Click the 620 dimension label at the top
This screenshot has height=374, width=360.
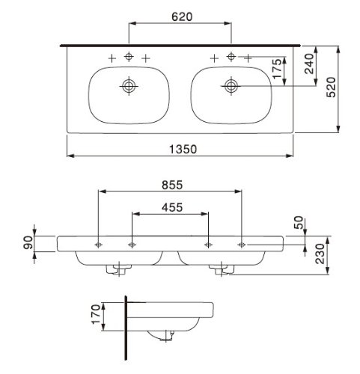click(182, 16)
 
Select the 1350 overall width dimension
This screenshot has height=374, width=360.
click(183, 149)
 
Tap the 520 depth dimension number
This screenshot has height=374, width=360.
click(332, 87)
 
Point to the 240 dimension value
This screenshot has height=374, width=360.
click(309, 64)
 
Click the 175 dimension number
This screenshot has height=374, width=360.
click(277, 69)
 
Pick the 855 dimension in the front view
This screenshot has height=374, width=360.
click(172, 185)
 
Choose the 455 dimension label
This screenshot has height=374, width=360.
click(172, 207)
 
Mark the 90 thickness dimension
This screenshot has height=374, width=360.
click(28, 242)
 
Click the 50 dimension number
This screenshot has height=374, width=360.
click(299, 223)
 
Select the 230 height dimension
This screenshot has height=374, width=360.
click(320, 254)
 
